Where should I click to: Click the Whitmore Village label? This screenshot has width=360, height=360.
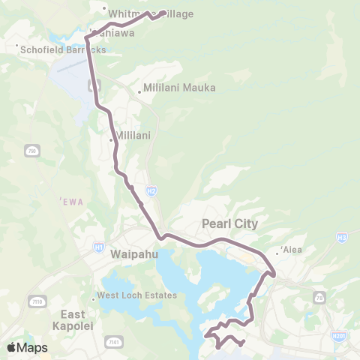coord(150,14)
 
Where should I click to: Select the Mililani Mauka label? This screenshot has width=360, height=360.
coord(179,88)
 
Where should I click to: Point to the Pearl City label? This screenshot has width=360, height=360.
coord(229,223)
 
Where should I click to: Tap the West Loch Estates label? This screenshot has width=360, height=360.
coord(136,295)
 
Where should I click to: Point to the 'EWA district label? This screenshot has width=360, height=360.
coord(68,201)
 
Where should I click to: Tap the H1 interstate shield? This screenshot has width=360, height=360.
coord(100,245)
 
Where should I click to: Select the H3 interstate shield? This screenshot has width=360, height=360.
coord(342,238)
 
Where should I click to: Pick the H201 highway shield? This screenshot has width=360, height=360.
coord(339,336)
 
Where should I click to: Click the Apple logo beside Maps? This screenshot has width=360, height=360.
coord(12,347)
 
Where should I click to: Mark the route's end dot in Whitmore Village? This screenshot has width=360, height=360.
coord(163,12)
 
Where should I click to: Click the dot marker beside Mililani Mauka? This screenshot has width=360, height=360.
coord(139,92)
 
